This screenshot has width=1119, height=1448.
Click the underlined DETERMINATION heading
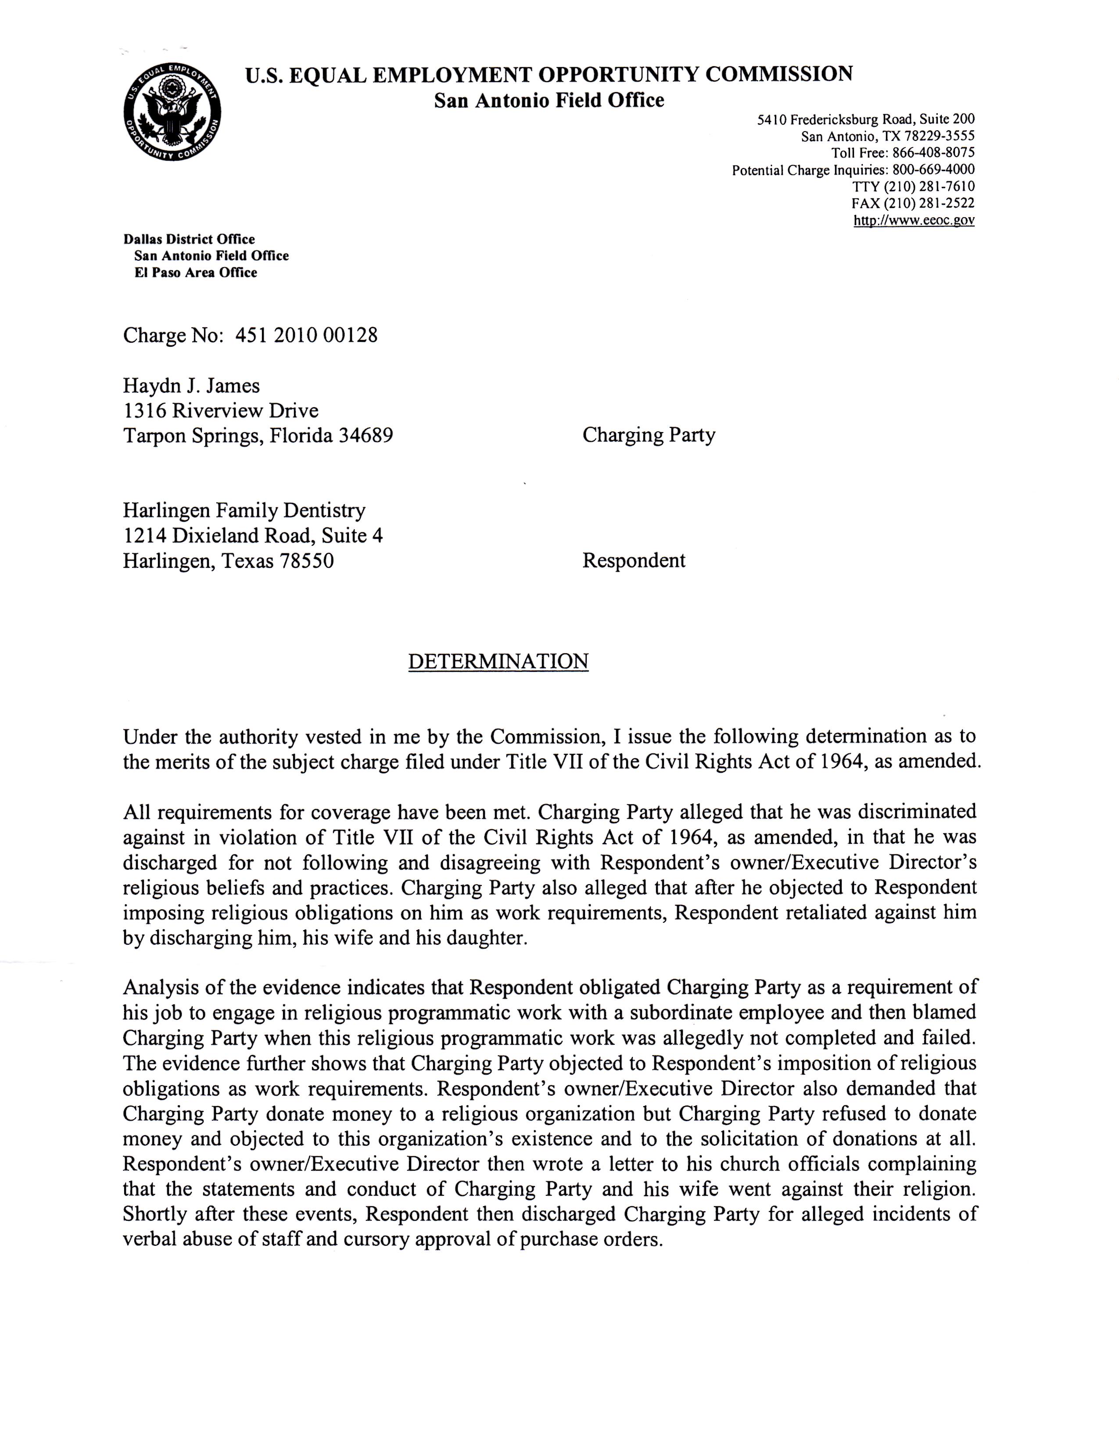click(x=498, y=661)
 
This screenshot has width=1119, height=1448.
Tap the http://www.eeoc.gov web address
click(x=914, y=221)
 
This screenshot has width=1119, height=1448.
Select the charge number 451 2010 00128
click(x=306, y=336)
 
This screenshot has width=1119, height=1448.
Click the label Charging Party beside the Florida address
click(x=648, y=435)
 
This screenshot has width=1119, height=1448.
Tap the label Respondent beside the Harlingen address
click(x=633, y=560)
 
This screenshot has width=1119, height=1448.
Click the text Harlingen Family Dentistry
click(x=244, y=510)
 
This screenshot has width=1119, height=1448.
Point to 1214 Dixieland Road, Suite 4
click(x=253, y=536)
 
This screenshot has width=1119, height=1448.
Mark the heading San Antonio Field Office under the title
click(x=549, y=100)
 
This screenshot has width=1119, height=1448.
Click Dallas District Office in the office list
click(x=189, y=239)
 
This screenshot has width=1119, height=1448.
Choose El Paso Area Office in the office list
click(x=196, y=272)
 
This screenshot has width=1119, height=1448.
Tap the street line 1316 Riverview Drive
click(x=221, y=410)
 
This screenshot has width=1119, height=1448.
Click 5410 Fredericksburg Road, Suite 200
click(x=866, y=120)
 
